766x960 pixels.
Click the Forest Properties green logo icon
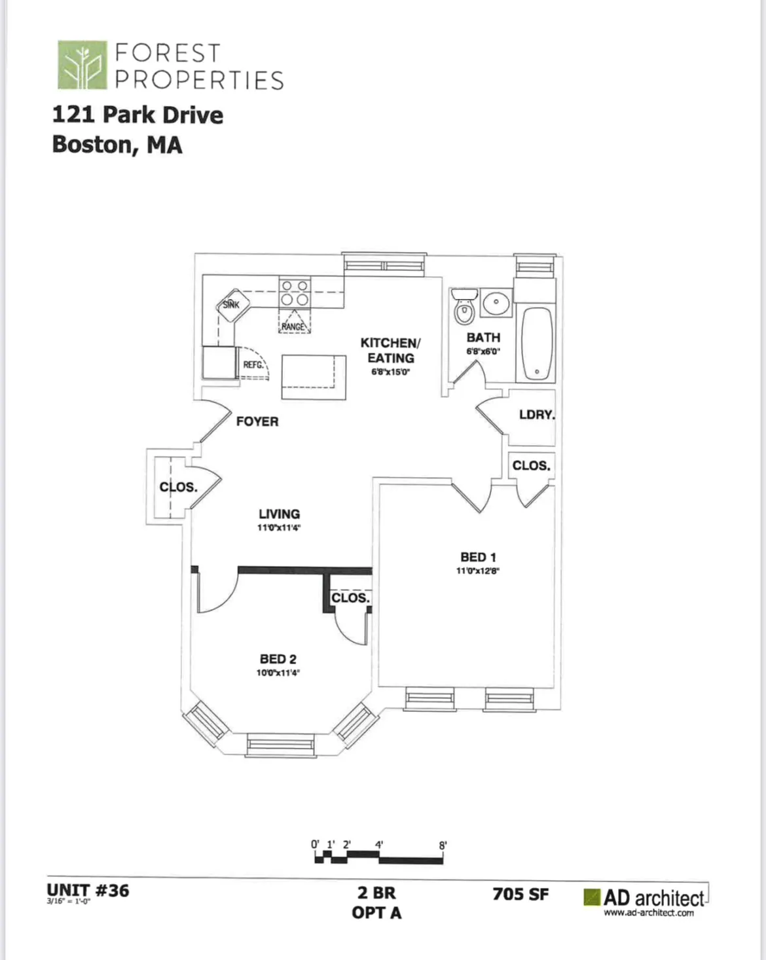[x=82, y=65]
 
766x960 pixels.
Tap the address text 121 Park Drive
[x=137, y=115]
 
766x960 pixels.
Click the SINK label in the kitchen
[x=231, y=305]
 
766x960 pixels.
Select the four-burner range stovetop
[x=294, y=292]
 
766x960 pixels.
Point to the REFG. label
[x=253, y=365]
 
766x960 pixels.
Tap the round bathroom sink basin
[x=496, y=302]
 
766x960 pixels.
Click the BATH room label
[x=483, y=338]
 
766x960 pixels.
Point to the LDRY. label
[x=536, y=415]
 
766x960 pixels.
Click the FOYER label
[x=257, y=421]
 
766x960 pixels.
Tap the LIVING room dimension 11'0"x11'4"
[x=279, y=528]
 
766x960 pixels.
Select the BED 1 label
[x=478, y=557]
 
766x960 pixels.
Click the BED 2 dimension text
[x=278, y=673]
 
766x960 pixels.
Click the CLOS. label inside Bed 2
[x=350, y=598]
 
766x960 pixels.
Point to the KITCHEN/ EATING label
[x=390, y=350]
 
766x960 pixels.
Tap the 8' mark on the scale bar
[x=443, y=845]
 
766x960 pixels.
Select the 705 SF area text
[x=520, y=894]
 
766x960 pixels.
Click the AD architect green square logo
[x=592, y=897]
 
